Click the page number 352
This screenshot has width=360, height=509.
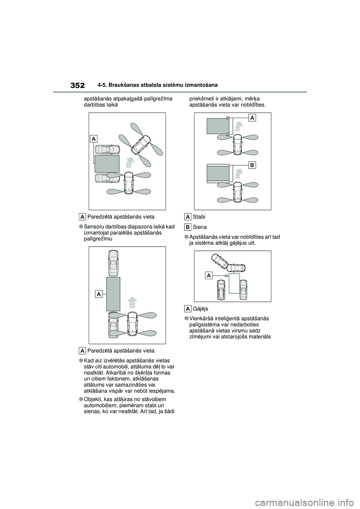click(77, 85)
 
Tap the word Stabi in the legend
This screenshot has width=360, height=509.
click(199, 217)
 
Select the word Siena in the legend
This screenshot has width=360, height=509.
click(199, 227)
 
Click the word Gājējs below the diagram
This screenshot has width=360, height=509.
click(201, 309)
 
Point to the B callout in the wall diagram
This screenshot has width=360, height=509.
click(252, 165)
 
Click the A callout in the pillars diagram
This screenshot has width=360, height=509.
click(252, 118)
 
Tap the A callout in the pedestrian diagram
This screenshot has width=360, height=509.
click(209, 276)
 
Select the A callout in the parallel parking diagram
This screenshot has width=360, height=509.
click(99, 294)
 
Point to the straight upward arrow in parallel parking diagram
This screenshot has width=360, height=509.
click(132, 304)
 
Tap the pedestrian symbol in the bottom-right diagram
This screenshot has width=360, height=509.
click(226, 275)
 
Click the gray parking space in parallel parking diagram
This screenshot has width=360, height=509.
click(113, 294)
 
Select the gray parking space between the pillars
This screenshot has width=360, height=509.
click(217, 126)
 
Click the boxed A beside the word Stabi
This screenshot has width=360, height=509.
click(188, 217)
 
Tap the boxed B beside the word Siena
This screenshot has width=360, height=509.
click(188, 227)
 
